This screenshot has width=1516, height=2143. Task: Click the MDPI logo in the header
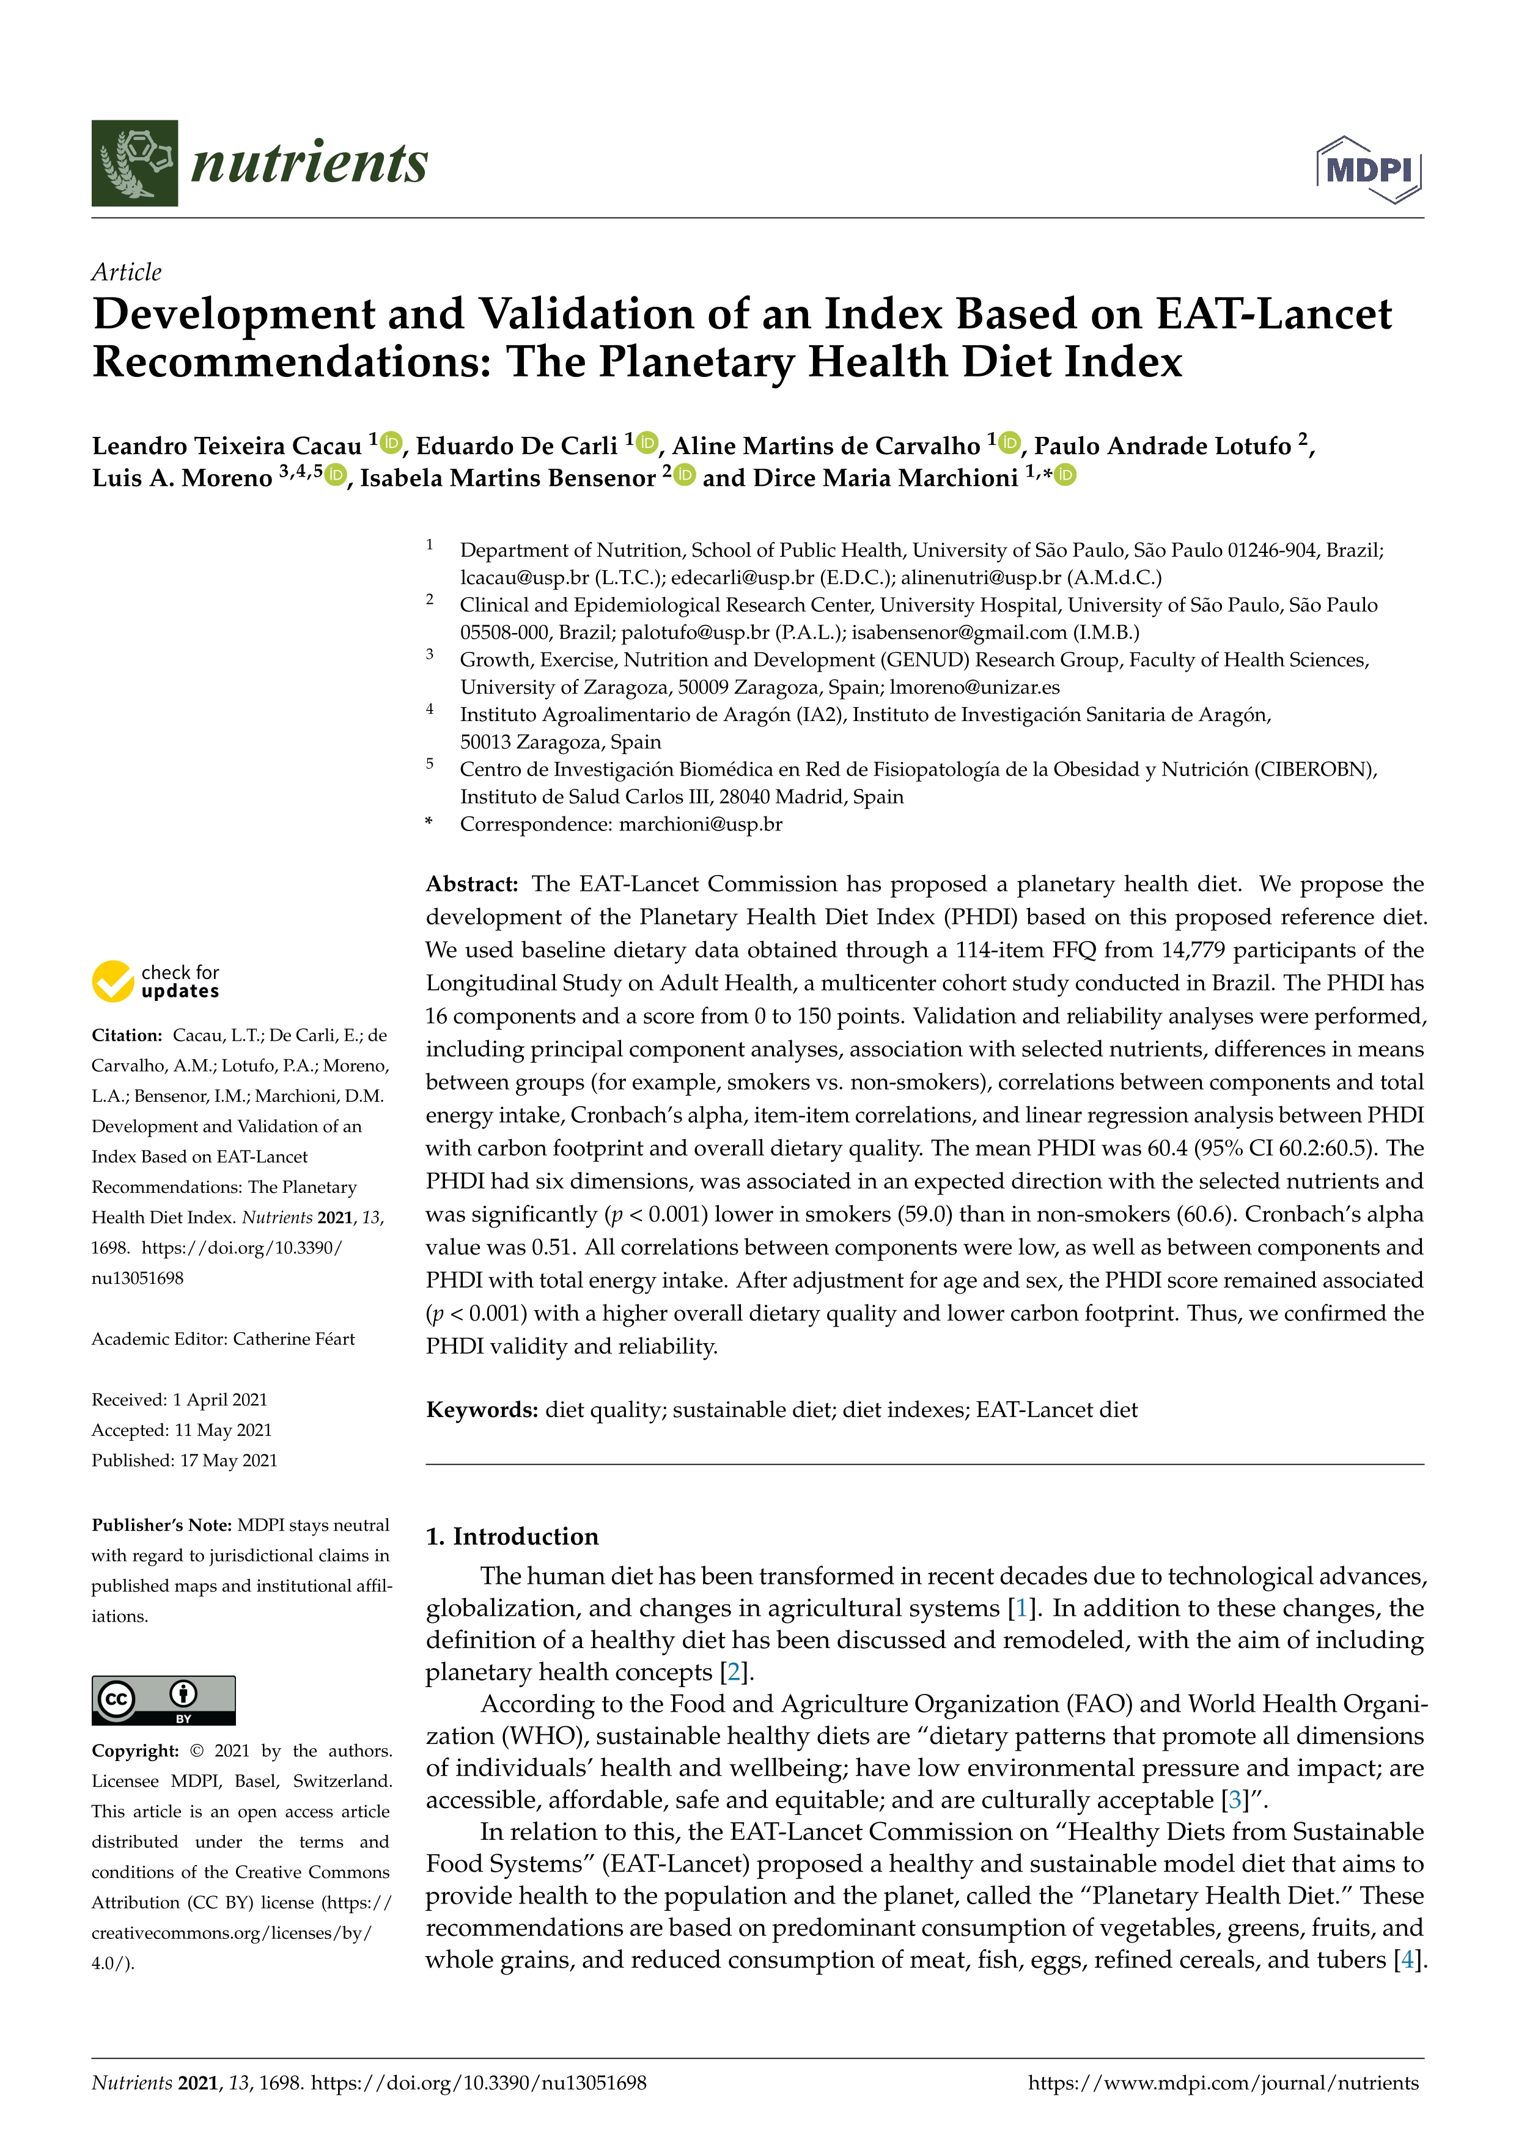[1369, 170]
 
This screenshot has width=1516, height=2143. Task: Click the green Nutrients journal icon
[134, 163]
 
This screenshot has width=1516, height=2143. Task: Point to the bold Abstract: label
[471, 884]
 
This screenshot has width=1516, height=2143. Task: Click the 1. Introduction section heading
[512, 1536]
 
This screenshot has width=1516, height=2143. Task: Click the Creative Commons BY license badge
[163, 1699]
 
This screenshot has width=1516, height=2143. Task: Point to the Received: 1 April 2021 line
[179, 1399]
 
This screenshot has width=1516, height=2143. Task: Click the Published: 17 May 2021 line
[184, 1460]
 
